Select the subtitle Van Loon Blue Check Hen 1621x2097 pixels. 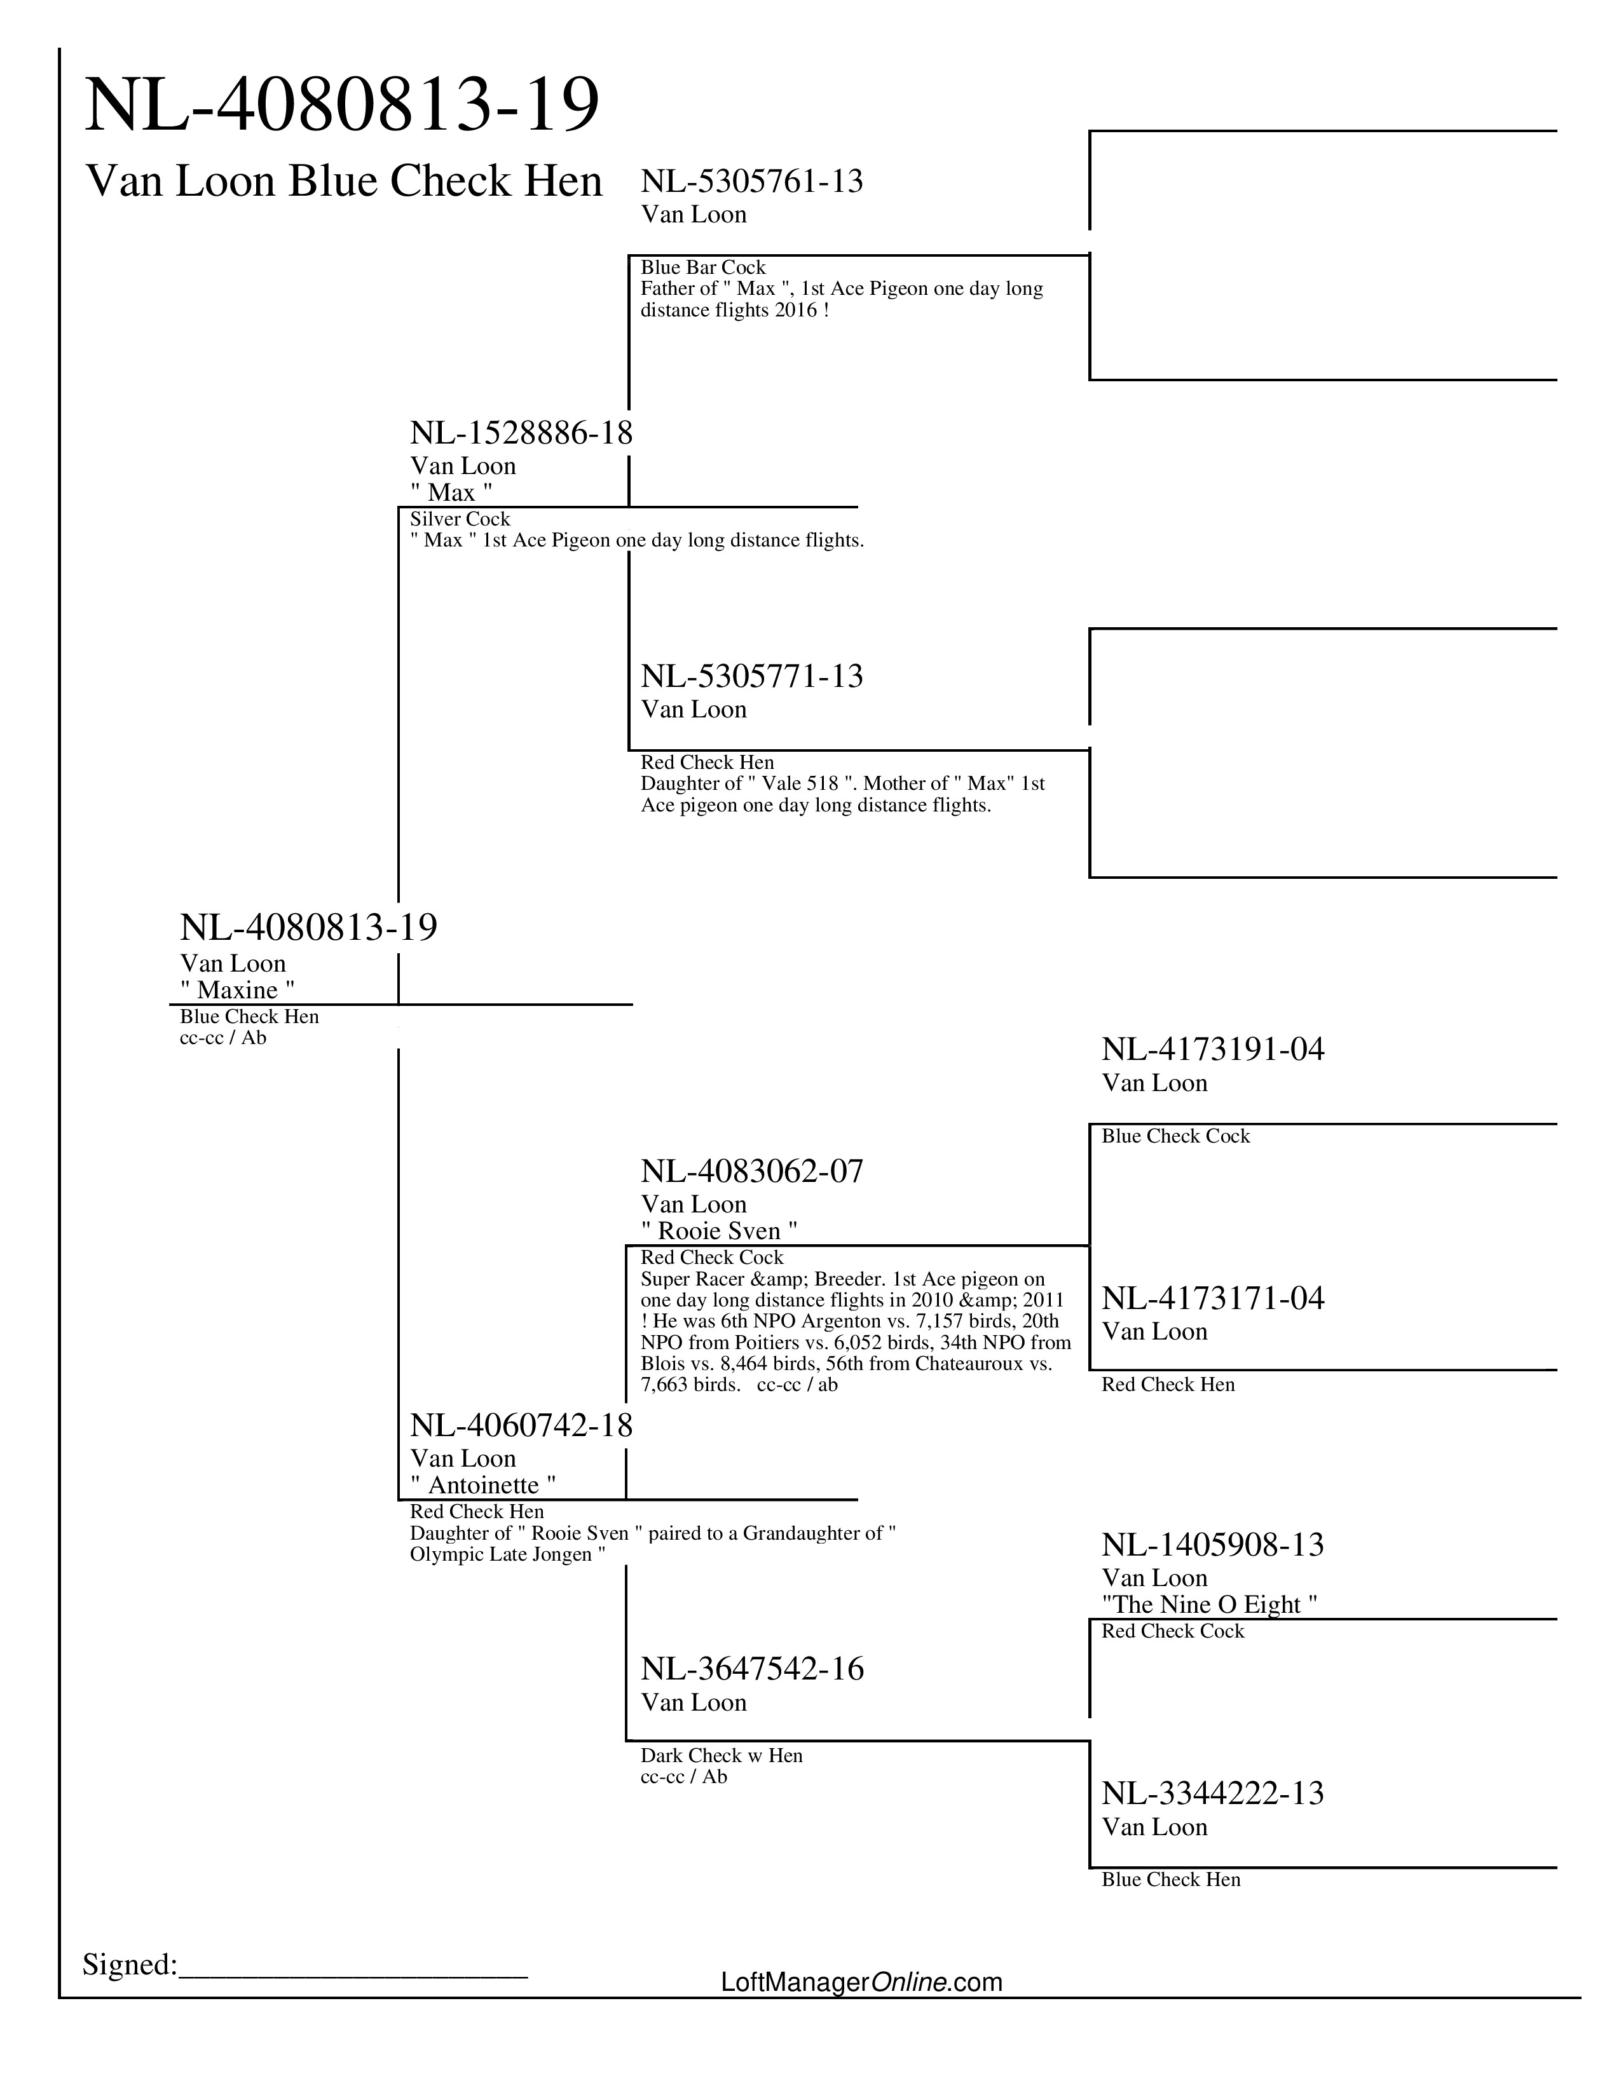pyautogui.click(x=344, y=182)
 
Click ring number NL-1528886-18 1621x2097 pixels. pyautogui.click(x=521, y=433)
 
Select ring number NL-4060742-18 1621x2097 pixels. pyautogui.click(x=521, y=1426)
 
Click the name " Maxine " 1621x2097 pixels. pyautogui.click(x=237, y=990)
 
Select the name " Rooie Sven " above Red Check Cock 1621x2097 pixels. pyautogui.click(x=719, y=1231)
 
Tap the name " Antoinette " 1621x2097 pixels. pyautogui.click(x=483, y=1486)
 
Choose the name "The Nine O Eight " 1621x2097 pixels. pyautogui.click(x=1209, y=1605)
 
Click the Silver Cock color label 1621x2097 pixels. pyautogui.click(x=460, y=519)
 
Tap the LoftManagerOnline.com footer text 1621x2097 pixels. pyautogui.click(x=861, y=1982)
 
